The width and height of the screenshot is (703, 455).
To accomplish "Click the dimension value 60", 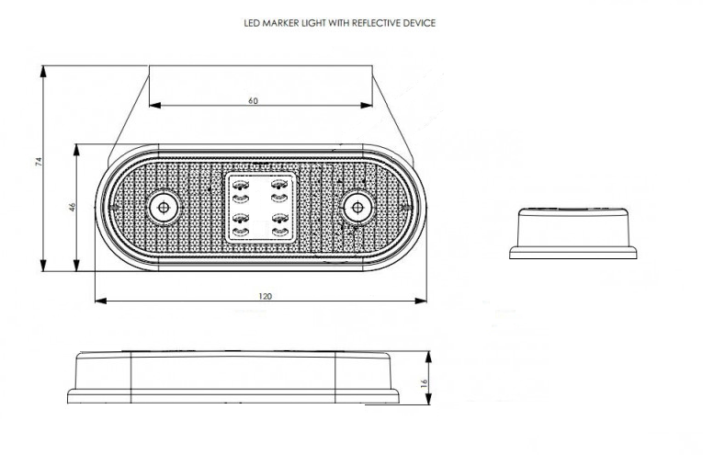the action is [x=254, y=100].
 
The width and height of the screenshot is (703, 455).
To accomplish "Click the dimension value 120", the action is [x=265, y=296].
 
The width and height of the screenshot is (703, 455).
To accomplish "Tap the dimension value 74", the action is [x=39, y=162].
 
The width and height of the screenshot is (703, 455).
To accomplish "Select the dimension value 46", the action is [x=73, y=207].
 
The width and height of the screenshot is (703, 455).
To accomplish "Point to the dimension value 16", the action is [x=425, y=383].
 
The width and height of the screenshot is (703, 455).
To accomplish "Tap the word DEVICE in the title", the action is [x=419, y=23].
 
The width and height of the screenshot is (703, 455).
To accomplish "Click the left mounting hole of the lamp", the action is [x=164, y=207].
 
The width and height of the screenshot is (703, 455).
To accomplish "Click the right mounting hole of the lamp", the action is [x=357, y=207].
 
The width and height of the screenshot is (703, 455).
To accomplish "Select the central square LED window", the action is [x=260, y=208].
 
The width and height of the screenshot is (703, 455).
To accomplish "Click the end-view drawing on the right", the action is [x=573, y=233].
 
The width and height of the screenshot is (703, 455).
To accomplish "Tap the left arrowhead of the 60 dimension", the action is [x=154, y=106].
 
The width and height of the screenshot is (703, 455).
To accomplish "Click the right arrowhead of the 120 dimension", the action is [x=421, y=301].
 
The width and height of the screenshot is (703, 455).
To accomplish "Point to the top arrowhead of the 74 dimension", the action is [x=43, y=72].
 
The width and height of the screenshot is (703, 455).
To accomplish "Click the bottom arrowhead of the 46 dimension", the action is [x=76, y=266].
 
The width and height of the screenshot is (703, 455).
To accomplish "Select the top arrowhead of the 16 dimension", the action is [x=428, y=358].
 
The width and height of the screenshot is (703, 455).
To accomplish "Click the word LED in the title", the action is [x=252, y=23].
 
